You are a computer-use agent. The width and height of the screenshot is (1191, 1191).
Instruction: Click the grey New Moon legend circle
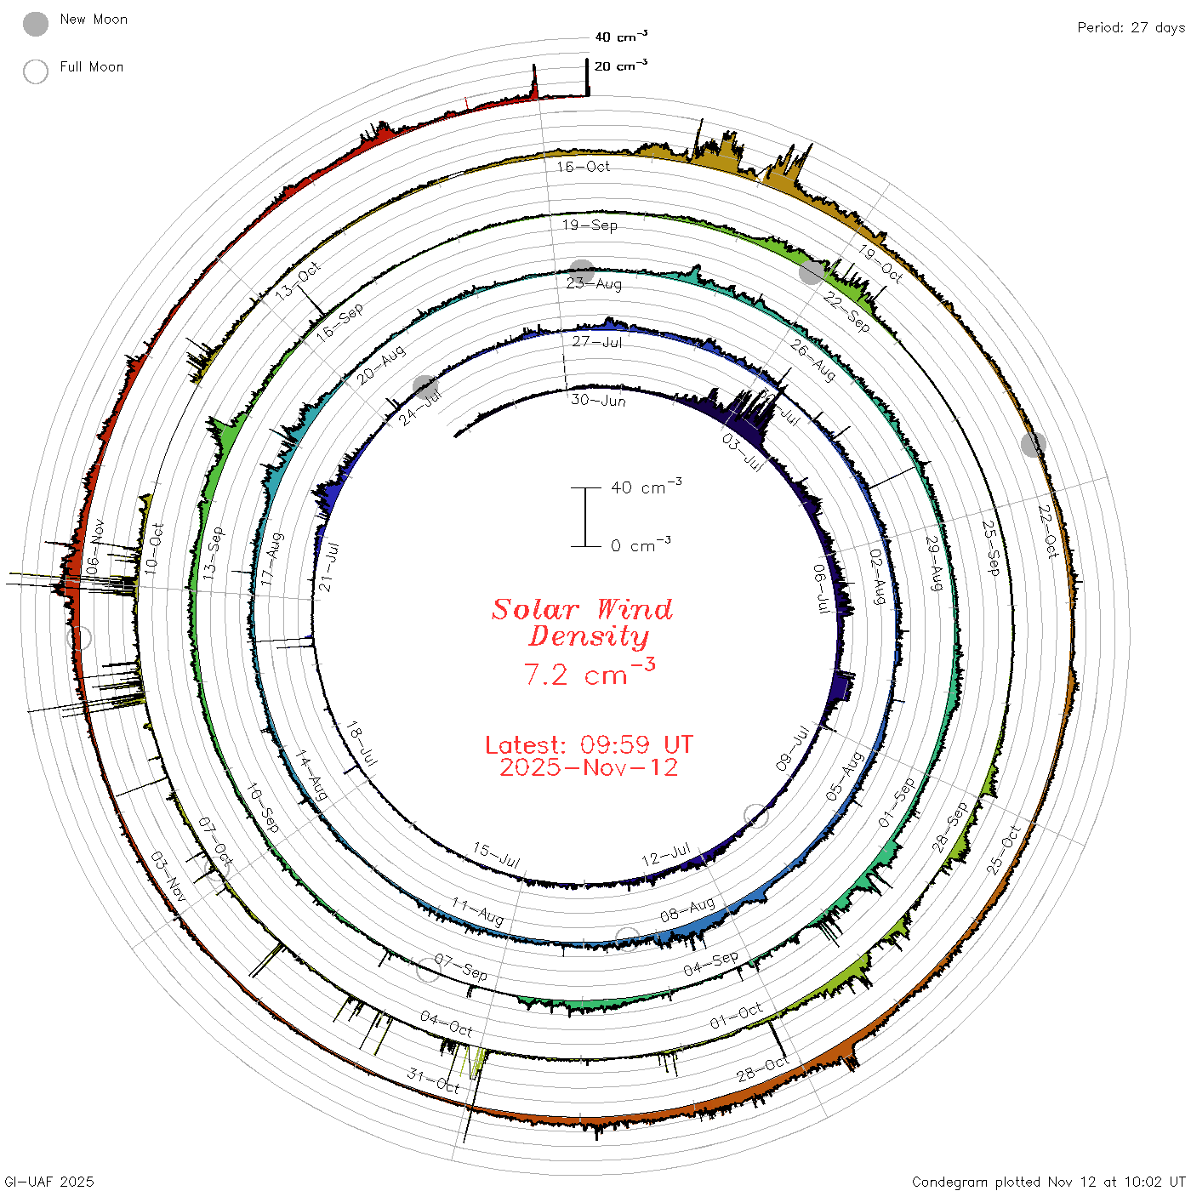tap(36, 24)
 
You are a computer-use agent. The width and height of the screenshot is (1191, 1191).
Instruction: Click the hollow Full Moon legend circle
tap(36, 71)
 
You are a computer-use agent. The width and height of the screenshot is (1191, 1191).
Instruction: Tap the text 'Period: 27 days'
tap(1131, 28)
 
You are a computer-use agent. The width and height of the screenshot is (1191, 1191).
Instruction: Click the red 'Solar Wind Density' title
tap(582, 623)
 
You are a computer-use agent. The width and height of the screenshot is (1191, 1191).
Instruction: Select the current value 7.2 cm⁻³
tap(590, 673)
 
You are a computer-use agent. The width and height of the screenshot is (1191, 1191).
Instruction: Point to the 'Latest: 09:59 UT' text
tap(589, 744)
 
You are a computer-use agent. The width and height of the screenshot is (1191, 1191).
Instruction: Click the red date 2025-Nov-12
tap(589, 767)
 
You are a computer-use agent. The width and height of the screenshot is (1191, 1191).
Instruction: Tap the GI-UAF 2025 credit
tap(48, 1182)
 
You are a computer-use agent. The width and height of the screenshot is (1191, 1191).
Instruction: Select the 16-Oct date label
tap(583, 167)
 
